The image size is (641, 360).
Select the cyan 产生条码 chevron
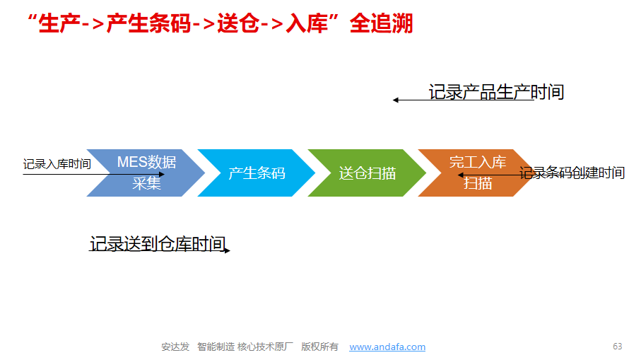257,173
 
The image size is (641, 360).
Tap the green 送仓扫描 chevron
367,173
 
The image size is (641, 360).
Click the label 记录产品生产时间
496,92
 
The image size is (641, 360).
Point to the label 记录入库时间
57,164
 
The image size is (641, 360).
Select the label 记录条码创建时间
572,173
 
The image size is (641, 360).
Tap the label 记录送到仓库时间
158,244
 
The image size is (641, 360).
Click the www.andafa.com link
387,347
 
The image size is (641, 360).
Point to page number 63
617,347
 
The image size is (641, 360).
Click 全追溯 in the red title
381,23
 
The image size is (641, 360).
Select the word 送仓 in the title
238,23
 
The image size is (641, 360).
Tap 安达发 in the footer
175,347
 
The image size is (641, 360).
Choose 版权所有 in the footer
319,347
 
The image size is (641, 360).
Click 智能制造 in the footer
216,347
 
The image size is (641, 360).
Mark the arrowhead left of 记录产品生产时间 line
395,100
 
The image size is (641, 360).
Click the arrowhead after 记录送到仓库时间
228,250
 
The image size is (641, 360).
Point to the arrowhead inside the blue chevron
162,174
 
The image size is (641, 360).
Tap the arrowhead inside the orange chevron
460,175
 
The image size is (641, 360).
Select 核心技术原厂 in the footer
265,347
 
